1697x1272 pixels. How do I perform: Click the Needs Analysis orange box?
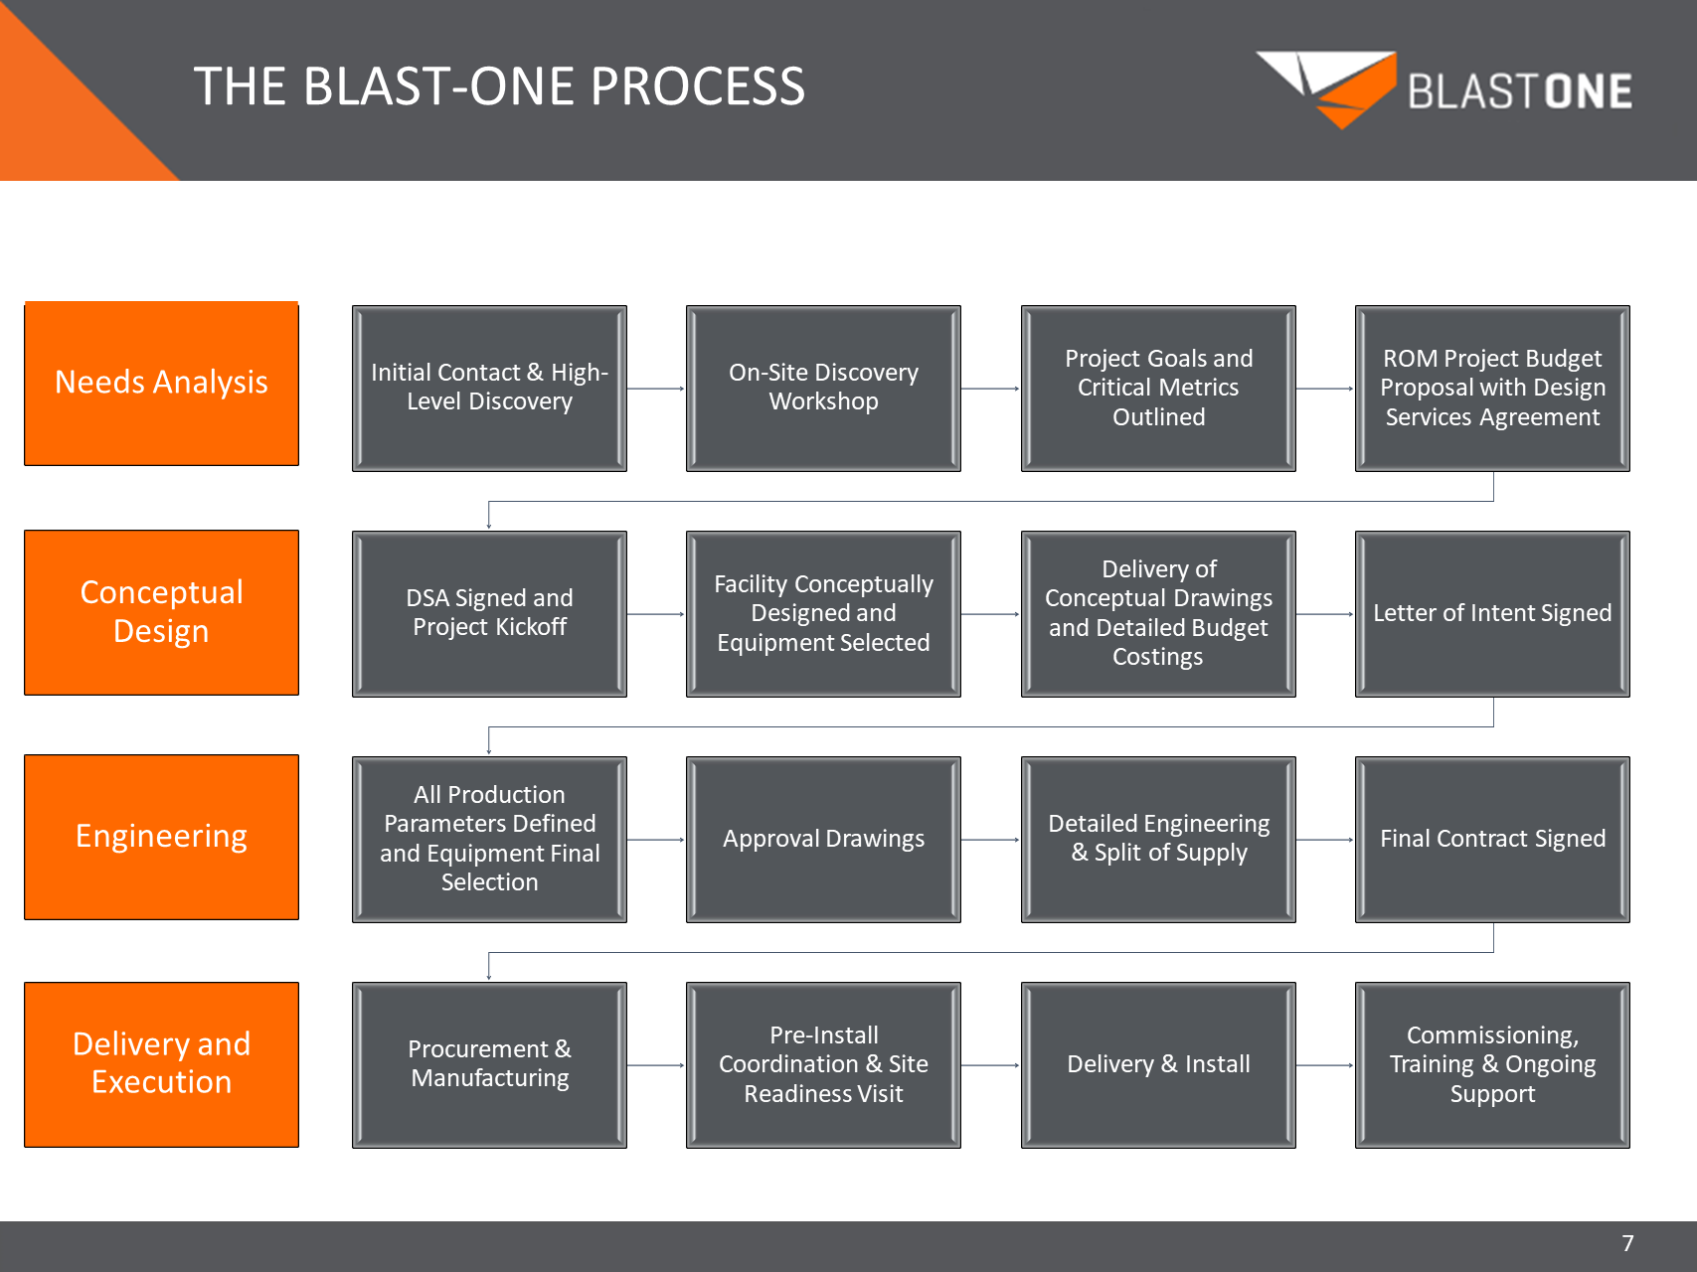tap(161, 384)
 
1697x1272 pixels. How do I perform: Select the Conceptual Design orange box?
tap(161, 612)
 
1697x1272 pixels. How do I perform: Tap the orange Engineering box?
tap(161, 837)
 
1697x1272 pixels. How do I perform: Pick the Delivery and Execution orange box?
tap(161, 1064)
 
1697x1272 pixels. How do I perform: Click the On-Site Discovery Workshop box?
tap(823, 388)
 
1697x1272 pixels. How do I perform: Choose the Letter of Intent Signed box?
tap(1492, 613)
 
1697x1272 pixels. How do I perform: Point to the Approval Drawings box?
tap(823, 840)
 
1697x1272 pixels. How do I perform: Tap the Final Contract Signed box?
tap(1492, 840)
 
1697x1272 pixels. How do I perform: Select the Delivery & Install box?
tap(1158, 1065)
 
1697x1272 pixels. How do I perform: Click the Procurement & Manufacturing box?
tap(489, 1065)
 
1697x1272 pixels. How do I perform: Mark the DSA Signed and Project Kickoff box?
tap(489, 613)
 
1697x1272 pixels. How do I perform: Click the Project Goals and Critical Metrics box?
tap(1158, 388)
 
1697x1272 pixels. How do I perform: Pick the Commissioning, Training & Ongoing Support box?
tap(1492, 1065)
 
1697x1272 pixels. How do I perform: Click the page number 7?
tap(1627, 1243)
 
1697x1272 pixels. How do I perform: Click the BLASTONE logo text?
tap(1519, 91)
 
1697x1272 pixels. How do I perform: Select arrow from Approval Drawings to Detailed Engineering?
tap(990, 840)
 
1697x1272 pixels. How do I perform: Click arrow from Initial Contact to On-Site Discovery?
tap(656, 389)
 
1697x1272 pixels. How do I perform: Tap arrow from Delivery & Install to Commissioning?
tap(1325, 1065)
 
